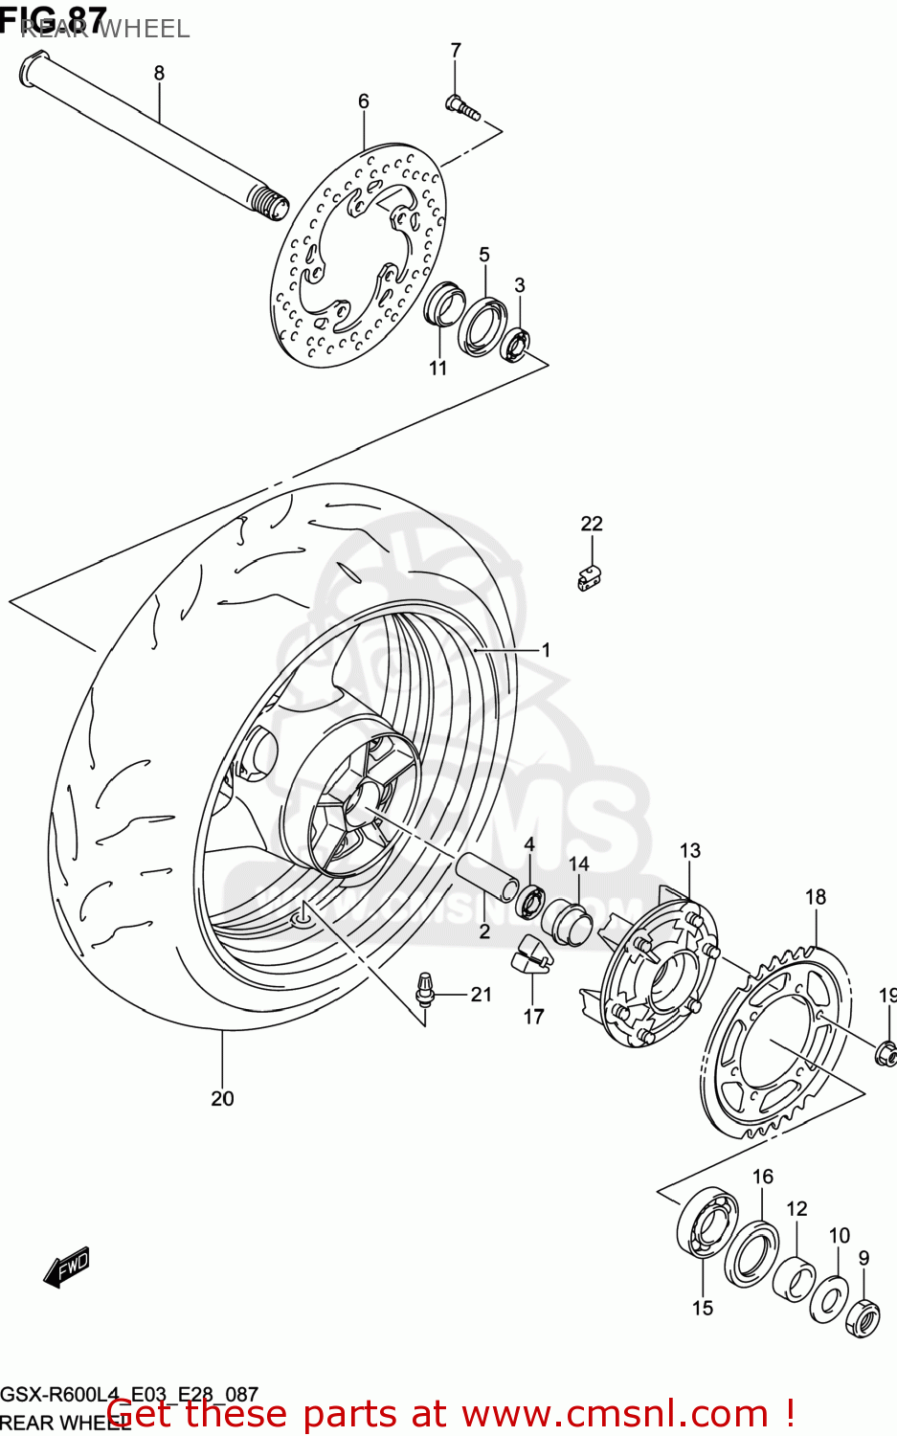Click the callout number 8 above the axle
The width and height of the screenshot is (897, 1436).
(x=159, y=73)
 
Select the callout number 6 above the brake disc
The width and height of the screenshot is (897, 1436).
(x=364, y=101)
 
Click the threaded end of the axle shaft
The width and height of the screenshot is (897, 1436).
(x=269, y=202)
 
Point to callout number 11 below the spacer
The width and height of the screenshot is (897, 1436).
(x=437, y=368)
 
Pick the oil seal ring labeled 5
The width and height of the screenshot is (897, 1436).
(x=482, y=325)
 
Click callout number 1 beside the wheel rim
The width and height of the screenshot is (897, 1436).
(x=546, y=650)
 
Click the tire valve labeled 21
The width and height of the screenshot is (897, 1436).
(x=424, y=989)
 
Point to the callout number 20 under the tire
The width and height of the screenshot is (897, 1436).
(x=222, y=1098)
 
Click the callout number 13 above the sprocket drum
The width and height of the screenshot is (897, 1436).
(x=690, y=850)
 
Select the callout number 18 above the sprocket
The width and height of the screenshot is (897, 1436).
(x=816, y=897)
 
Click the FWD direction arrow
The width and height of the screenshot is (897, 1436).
(x=66, y=1268)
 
